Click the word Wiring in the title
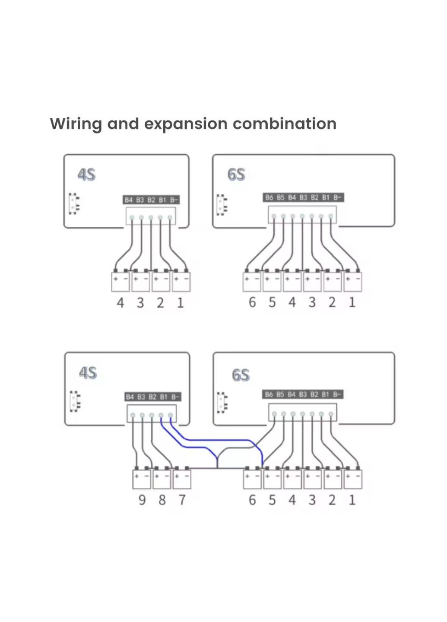[x=76, y=124]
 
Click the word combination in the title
[x=285, y=124]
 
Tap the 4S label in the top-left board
[x=86, y=175]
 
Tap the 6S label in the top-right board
[x=236, y=175]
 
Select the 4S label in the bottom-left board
[x=88, y=372]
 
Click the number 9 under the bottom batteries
[x=142, y=500]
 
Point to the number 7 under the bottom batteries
[x=182, y=500]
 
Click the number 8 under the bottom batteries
[x=162, y=500]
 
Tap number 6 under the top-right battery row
[x=252, y=302]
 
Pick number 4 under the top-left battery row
[x=120, y=303]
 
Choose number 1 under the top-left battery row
[x=180, y=303]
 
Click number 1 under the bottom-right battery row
[x=352, y=500]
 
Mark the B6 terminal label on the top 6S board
[x=269, y=198]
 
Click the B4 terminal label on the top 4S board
[x=129, y=200]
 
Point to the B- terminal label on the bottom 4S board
[x=174, y=397]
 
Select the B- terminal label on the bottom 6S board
[x=337, y=394]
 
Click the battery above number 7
[x=182, y=479]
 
